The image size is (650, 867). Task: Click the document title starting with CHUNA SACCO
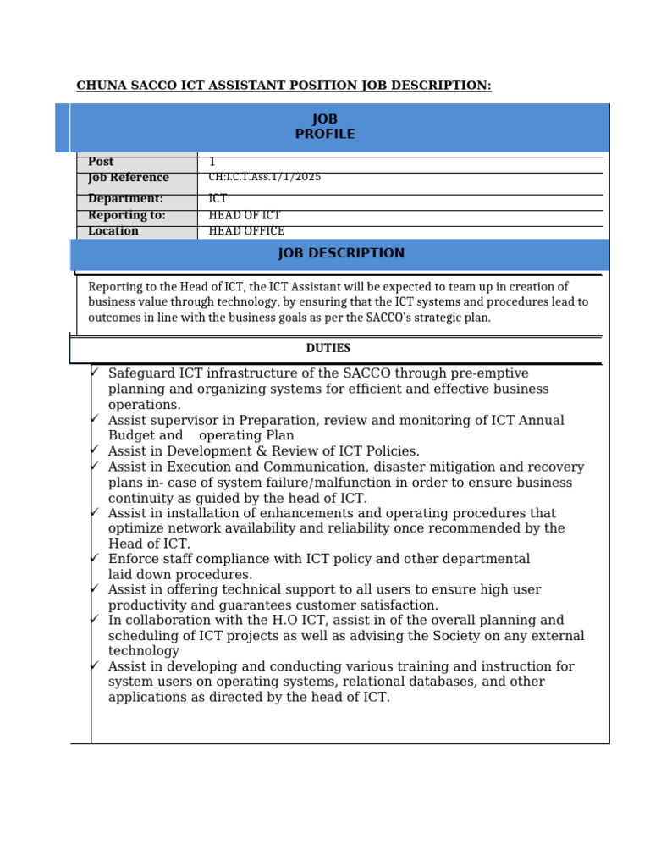click(284, 86)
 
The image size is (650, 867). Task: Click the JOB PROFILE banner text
click(325, 127)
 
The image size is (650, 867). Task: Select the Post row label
click(101, 162)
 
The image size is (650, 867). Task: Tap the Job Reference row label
click(128, 178)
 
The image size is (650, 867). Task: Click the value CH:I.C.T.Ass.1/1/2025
click(264, 178)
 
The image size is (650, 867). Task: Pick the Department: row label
click(125, 199)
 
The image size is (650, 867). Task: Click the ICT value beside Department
click(218, 199)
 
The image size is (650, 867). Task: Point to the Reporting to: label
click(126, 215)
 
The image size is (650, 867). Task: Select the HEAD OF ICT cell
click(245, 215)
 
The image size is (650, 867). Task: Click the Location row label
click(113, 231)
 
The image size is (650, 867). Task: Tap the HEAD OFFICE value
click(246, 231)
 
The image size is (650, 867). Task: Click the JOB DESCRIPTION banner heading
click(341, 253)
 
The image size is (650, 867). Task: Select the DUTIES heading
click(328, 348)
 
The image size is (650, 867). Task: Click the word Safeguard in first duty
click(140, 373)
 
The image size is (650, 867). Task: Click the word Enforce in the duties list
click(132, 559)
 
